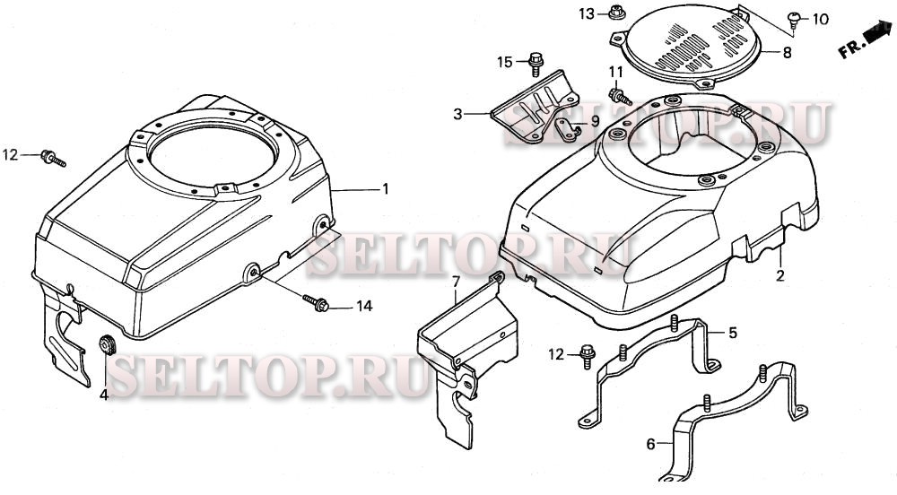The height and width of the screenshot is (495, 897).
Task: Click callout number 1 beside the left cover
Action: click(386, 188)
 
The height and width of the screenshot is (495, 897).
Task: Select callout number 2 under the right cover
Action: click(780, 276)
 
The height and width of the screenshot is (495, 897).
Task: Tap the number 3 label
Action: click(457, 114)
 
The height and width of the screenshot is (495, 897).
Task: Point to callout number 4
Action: click(104, 394)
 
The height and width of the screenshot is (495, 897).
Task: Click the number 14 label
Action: click(364, 307)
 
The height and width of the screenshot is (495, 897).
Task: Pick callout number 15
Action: click(505, 62)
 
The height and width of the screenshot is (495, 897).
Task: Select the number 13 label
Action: click(587, 13)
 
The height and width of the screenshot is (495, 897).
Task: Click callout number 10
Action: click(821, 20)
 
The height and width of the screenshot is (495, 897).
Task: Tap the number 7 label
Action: click(456, 282)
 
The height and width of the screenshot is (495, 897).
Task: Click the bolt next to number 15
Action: click(536, 64)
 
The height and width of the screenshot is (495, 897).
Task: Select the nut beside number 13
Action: click(616, 12)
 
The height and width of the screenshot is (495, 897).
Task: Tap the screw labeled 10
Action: click(795, 21)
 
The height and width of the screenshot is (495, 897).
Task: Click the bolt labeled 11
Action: click(620, 96)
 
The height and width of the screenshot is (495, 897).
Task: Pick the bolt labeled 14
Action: click(315, 303)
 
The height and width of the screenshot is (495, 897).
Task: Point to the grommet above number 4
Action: click(107, 344)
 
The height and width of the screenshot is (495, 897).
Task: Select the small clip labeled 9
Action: click(567, 130)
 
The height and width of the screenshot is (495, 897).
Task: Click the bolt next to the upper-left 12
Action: click(53, 159)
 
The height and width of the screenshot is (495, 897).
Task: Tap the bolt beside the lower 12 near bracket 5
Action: click(588, 355)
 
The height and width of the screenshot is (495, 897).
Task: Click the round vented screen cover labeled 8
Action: click(687, 47)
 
